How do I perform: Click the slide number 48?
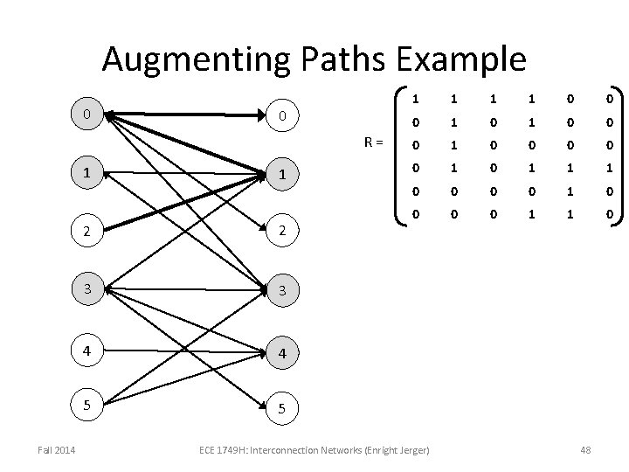coord(584,449)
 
